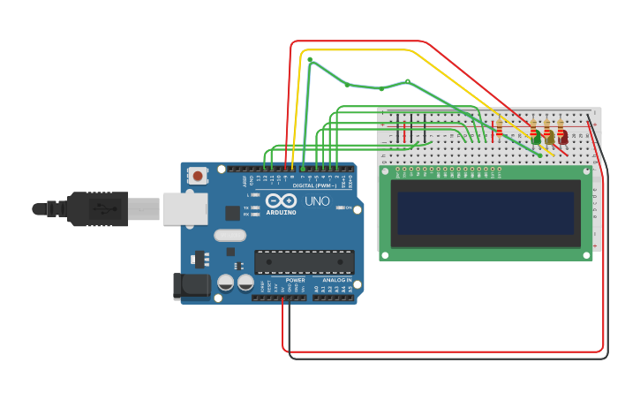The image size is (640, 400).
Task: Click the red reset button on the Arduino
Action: (198, 176)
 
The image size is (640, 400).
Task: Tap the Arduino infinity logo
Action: (279, 200)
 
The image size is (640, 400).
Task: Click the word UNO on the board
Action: (317, 201)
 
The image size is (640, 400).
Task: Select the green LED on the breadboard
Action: (537, 139)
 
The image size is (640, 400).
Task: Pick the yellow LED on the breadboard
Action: (550, 139)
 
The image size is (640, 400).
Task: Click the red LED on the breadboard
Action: (563, 139)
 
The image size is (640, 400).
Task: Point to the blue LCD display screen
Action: (486, 214)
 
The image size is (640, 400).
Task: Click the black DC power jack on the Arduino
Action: (192, 285)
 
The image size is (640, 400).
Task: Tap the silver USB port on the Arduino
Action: (185, 209)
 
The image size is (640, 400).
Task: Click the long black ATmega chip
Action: (304, 262)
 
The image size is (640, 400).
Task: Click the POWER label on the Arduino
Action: (295, 281)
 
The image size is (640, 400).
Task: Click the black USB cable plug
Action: (97, 209)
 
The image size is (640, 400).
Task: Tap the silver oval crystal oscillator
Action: (230, 236)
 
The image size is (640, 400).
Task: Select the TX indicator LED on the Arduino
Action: (255, 208)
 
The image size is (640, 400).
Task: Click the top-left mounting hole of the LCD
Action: (385, 171)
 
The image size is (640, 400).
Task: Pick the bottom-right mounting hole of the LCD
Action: (586, 255)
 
